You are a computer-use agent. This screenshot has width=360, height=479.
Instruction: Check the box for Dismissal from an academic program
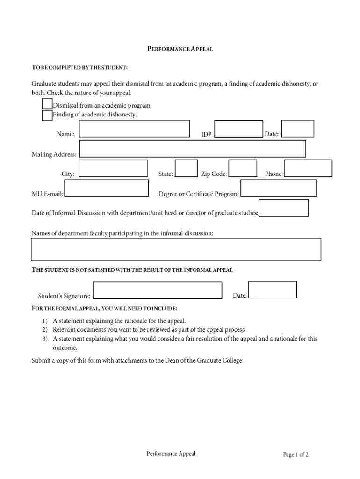(x=47, y=103)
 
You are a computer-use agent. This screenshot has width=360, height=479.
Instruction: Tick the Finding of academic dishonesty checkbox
(x=47, y=115)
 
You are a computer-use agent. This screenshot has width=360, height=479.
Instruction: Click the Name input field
(x=134, y=129)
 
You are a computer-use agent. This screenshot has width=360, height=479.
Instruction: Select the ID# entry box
(x=238, y=129)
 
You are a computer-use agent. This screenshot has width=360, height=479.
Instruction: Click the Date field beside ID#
(x=298, y=129)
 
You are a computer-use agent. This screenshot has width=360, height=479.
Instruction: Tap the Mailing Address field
(x=193, y=149)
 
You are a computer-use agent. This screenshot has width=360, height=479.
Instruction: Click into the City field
(x=113, y=169)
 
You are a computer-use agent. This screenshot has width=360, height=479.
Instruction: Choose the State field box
(x=186, y=168)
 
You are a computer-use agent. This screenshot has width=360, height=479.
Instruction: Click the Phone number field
(x=308, y=168)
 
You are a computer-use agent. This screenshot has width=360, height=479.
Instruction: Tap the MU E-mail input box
(x=106, y=189)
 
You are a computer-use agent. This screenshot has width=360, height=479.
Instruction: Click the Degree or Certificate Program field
(x=278, y=188)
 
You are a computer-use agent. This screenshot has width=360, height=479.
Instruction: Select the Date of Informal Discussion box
(x=283, y=208)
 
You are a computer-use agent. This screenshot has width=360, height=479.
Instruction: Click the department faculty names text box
(x=176, y=249)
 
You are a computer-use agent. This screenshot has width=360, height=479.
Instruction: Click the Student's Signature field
(x=157, y=290)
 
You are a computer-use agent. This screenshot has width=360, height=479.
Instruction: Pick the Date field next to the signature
(x=272, y=290)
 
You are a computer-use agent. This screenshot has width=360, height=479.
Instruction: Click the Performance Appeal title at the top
(x=180, y=49)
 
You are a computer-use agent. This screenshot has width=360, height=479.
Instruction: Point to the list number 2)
(x=45, y=330)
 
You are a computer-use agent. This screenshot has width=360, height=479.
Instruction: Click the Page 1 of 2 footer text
(x=295, y=455)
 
